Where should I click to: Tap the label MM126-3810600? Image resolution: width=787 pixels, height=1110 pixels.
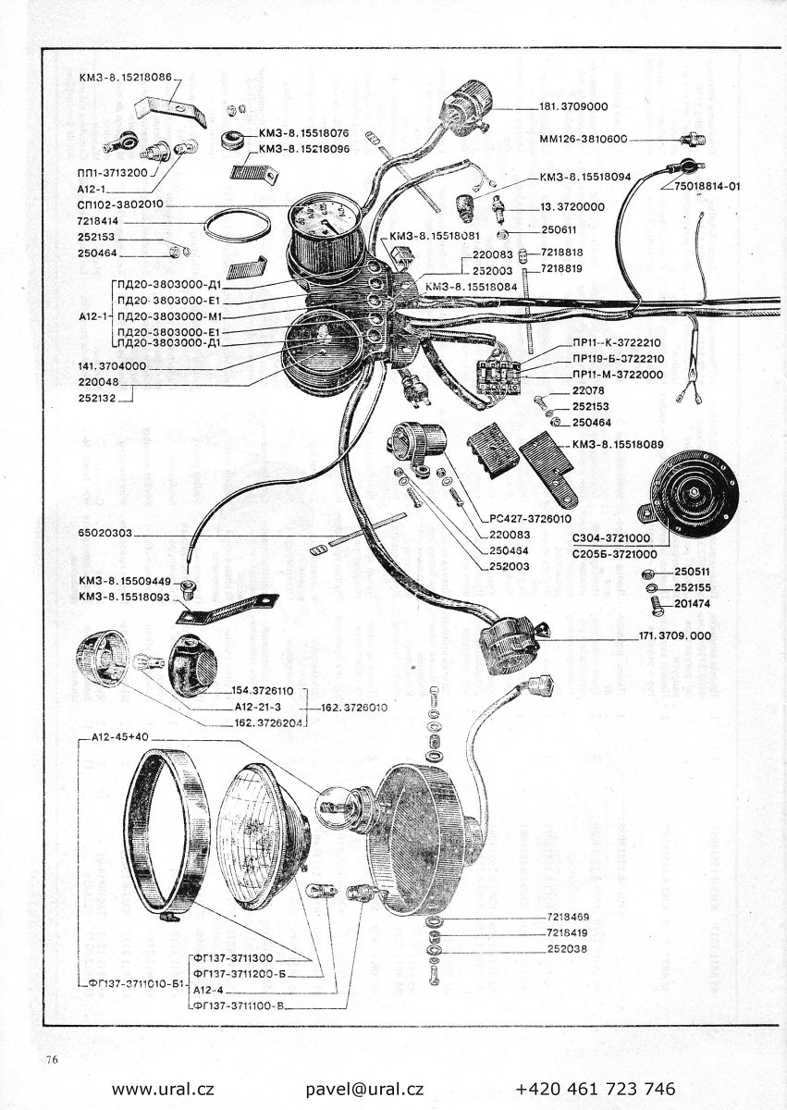[x=583, y=140]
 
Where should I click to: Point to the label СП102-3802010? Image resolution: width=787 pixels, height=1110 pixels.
[x=121, y=205]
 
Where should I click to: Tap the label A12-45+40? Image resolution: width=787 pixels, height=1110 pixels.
[x=120, y=736]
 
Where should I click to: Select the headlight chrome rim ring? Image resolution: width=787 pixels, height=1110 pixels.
[x=171, y=832]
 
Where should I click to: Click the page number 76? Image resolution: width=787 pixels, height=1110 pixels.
[x=50, y=1060]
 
